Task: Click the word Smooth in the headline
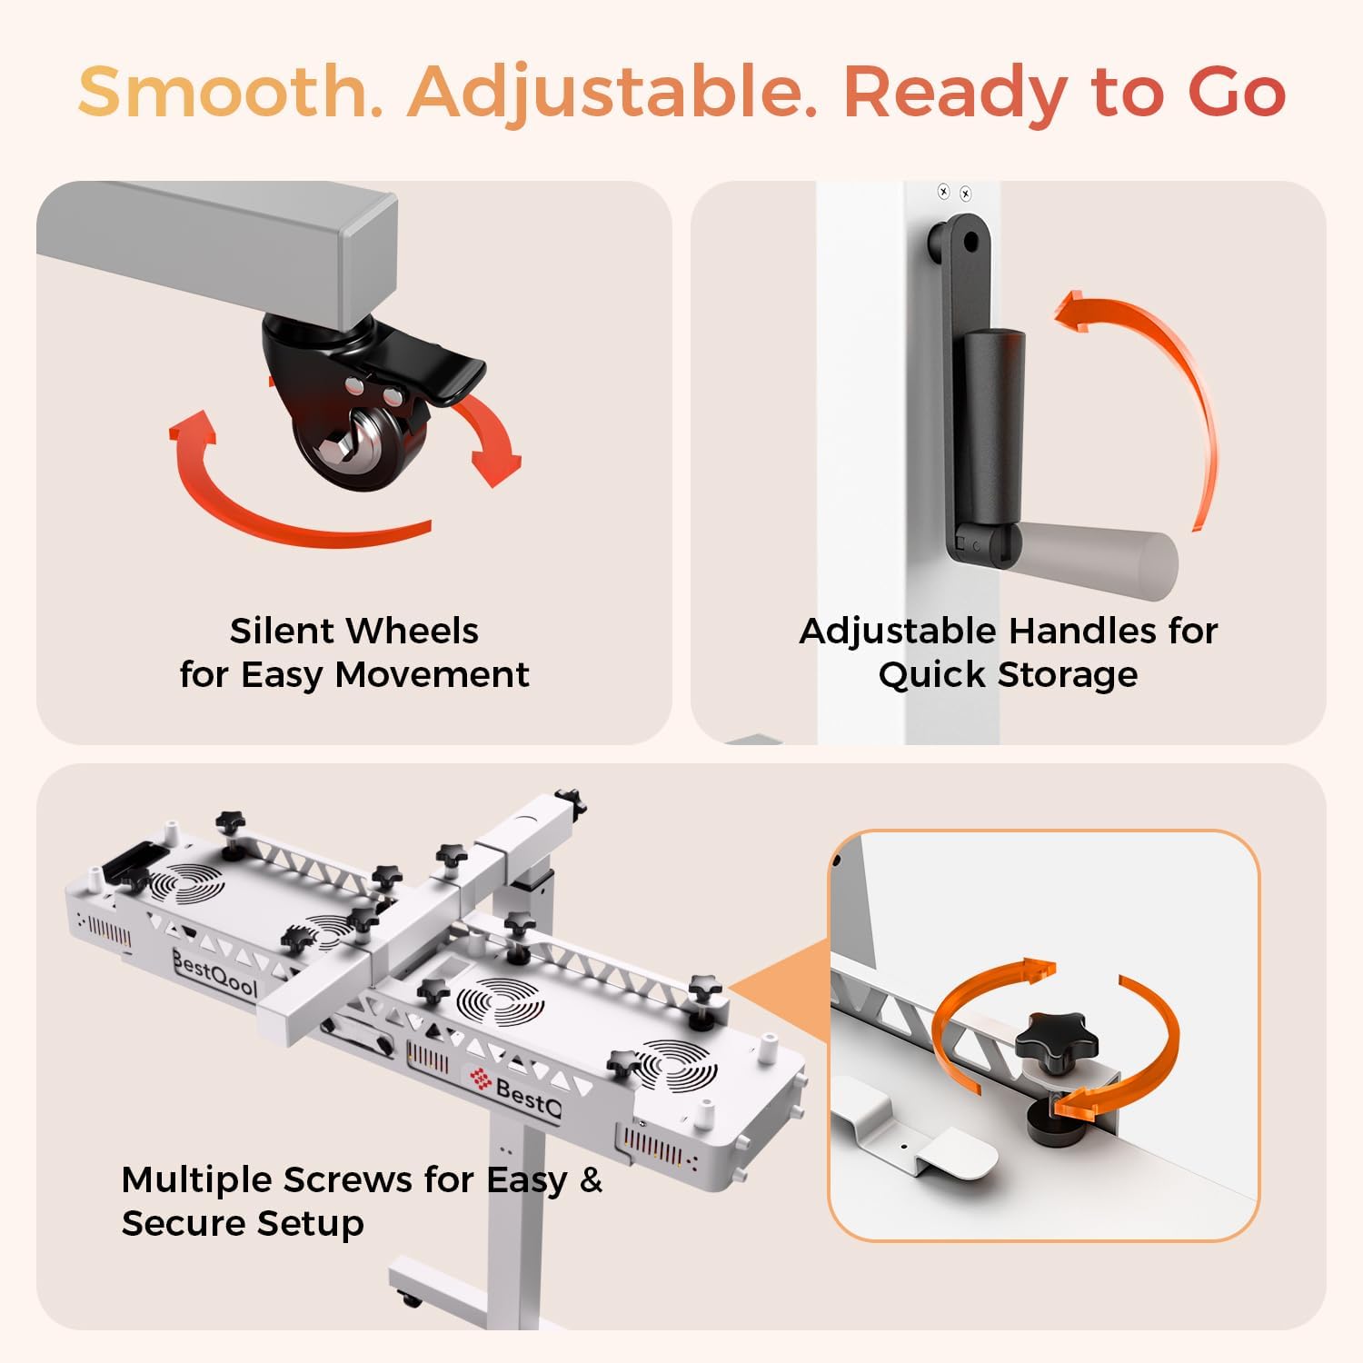(230, 92)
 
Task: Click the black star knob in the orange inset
(1056, 1038)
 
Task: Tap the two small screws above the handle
(954, 193)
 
